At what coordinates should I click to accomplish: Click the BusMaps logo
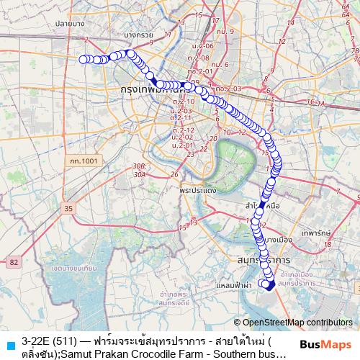coord(325,343)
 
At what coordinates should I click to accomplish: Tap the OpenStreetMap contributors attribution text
coord(297,323)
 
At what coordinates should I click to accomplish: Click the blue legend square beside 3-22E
coord(9,343)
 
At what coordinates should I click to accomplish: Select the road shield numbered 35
coord(68,209)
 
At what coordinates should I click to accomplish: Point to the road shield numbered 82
coord(15,262)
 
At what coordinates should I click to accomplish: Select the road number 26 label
coord(174,174)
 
